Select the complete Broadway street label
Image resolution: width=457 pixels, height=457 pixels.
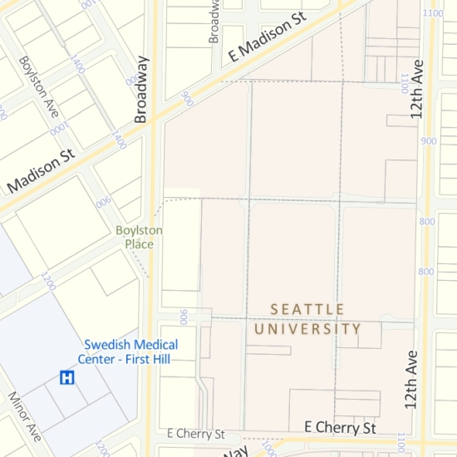coord(141,89)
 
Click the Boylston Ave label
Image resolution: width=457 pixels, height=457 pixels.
coord(39,86)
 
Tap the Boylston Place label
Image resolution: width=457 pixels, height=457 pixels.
coord(139,237)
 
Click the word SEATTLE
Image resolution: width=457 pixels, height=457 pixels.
coord(307,309)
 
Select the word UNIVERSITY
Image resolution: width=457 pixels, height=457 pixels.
coord(307,329)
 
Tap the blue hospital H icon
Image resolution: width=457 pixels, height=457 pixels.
coord(66,377)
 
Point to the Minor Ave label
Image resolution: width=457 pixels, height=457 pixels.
coord(25,415)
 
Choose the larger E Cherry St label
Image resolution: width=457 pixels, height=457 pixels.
coord(341,427)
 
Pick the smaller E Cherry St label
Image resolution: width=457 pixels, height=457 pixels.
coord(196,434)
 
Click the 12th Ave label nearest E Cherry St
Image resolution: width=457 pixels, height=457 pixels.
coord(410,379)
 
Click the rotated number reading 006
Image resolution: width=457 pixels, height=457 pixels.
coord(103,200)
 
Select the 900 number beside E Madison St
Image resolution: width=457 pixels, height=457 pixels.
coord(186,100)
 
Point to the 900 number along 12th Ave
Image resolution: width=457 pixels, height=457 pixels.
coord(429,141)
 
